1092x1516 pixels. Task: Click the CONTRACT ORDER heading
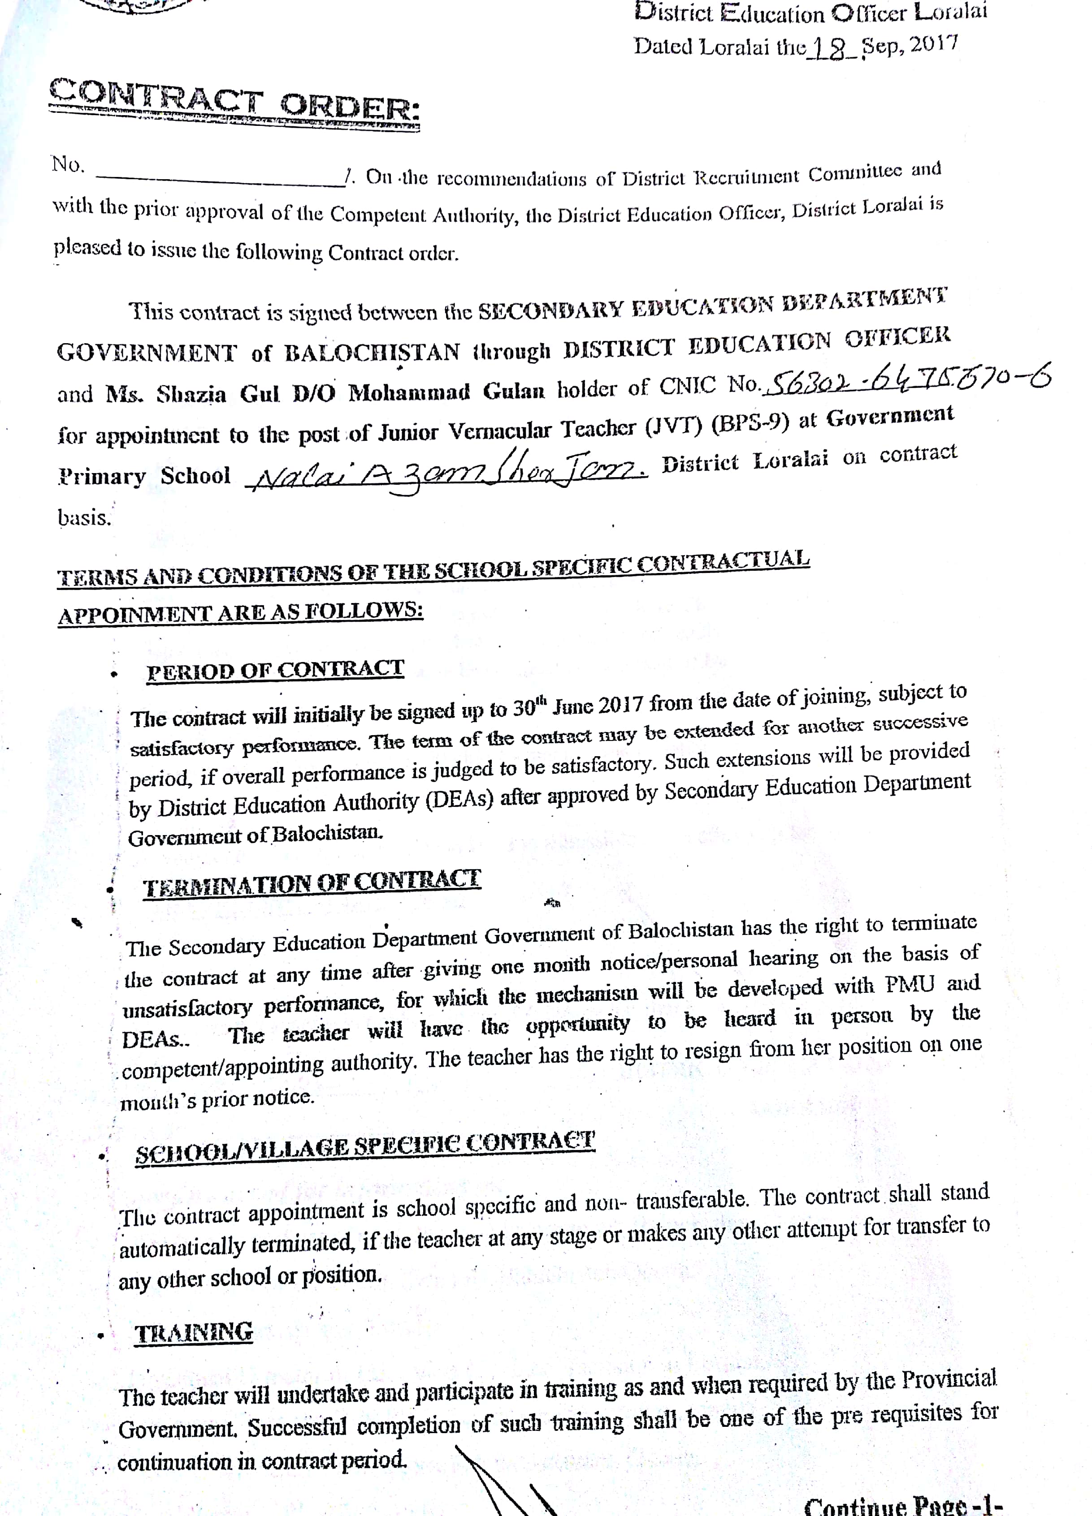[234, 102]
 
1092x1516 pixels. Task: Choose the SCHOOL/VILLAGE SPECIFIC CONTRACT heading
[364, 1147]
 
